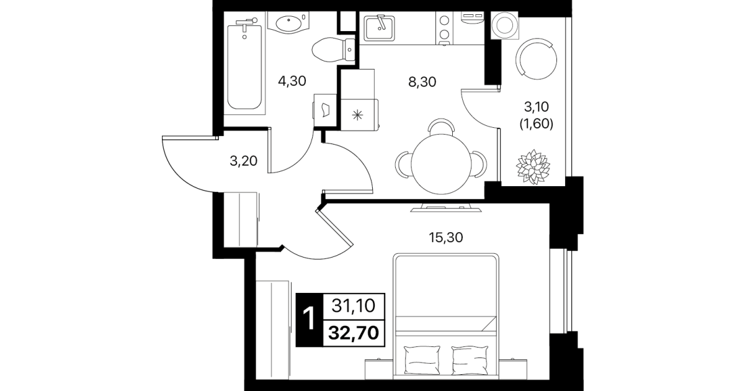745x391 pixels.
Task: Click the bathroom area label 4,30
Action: click(x=292, y=81)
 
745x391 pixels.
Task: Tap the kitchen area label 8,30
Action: click(x=422, y=82)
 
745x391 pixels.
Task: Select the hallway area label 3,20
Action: click(x=243, y=161)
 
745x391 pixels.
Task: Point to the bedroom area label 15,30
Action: click(x=445, y=238)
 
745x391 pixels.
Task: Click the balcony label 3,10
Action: click(x=536, y=107)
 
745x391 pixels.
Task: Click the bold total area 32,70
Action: click(x=354, y=333)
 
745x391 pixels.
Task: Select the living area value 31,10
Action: click(x=354, y=306)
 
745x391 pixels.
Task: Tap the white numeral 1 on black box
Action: click(x=310, y=320)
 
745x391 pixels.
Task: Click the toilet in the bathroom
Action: click(x=333, y=50)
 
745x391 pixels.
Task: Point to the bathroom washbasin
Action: click(x=288, y=22)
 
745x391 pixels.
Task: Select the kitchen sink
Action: click(x=379, y=29)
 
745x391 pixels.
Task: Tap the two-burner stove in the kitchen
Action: click(x=444, y=28)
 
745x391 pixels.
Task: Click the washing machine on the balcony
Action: click(x=504, y=25)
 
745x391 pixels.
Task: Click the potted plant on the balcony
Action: click(x=533, y=167)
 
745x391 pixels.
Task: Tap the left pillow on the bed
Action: click(x=422, y=360)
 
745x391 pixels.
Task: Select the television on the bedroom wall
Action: click(x=446, y=209)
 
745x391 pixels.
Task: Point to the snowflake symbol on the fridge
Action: click(x=357, y=115)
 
